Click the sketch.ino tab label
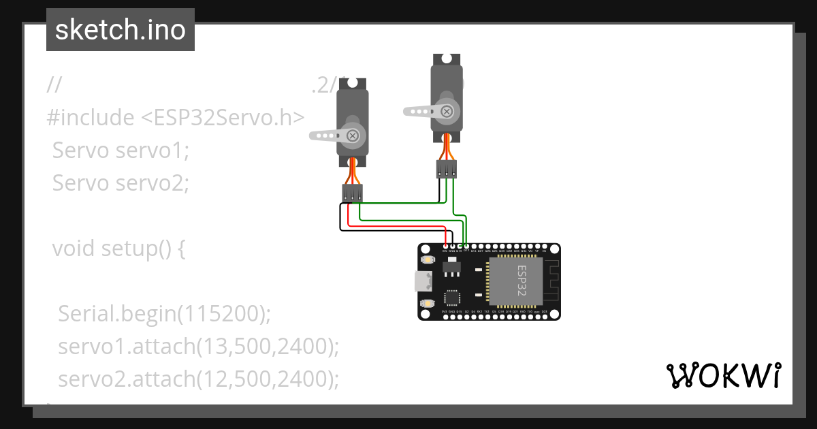tap(121, 30)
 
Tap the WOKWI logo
tap(723, 375)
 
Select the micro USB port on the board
tap(423, 281)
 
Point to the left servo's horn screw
tap(353, 136)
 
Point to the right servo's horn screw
tap(447, 111)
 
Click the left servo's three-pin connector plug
tap(352, 193)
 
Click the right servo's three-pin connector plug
tap(446, 169)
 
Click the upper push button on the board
tap(427, 260)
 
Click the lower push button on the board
tap(427, 302)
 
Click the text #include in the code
tap(91, 118)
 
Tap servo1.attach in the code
tap(127, 347)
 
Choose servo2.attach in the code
tap(127, 379)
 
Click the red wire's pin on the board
tap(445, 247)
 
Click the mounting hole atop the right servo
tap(446, 59)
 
